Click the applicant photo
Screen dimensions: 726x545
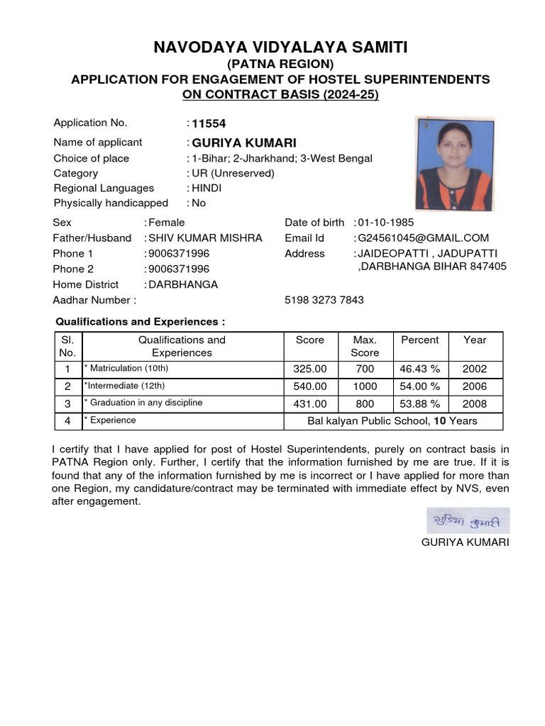[454, 164]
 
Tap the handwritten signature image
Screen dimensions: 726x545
[468, 521]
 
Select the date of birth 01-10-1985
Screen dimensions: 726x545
[386, 223]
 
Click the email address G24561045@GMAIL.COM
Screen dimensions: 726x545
[424, 238]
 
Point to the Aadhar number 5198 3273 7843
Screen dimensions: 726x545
[324, 300]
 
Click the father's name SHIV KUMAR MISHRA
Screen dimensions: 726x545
[205, 238]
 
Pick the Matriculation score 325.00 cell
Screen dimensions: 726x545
[309, 369]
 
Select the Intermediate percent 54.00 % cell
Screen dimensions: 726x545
[419, 386]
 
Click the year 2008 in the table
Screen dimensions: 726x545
[475, 404]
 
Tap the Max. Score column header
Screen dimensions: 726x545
[365, 346]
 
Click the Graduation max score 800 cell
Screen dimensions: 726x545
[365, 404]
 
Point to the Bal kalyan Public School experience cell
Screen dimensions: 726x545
[392, 421]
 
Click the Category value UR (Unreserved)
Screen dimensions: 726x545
[233, 173]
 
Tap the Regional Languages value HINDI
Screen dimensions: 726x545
[207, 188]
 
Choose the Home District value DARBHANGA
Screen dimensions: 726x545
[183, 284]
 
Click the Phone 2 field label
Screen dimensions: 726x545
[73, 269]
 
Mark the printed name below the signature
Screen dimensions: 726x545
[465, 542]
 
